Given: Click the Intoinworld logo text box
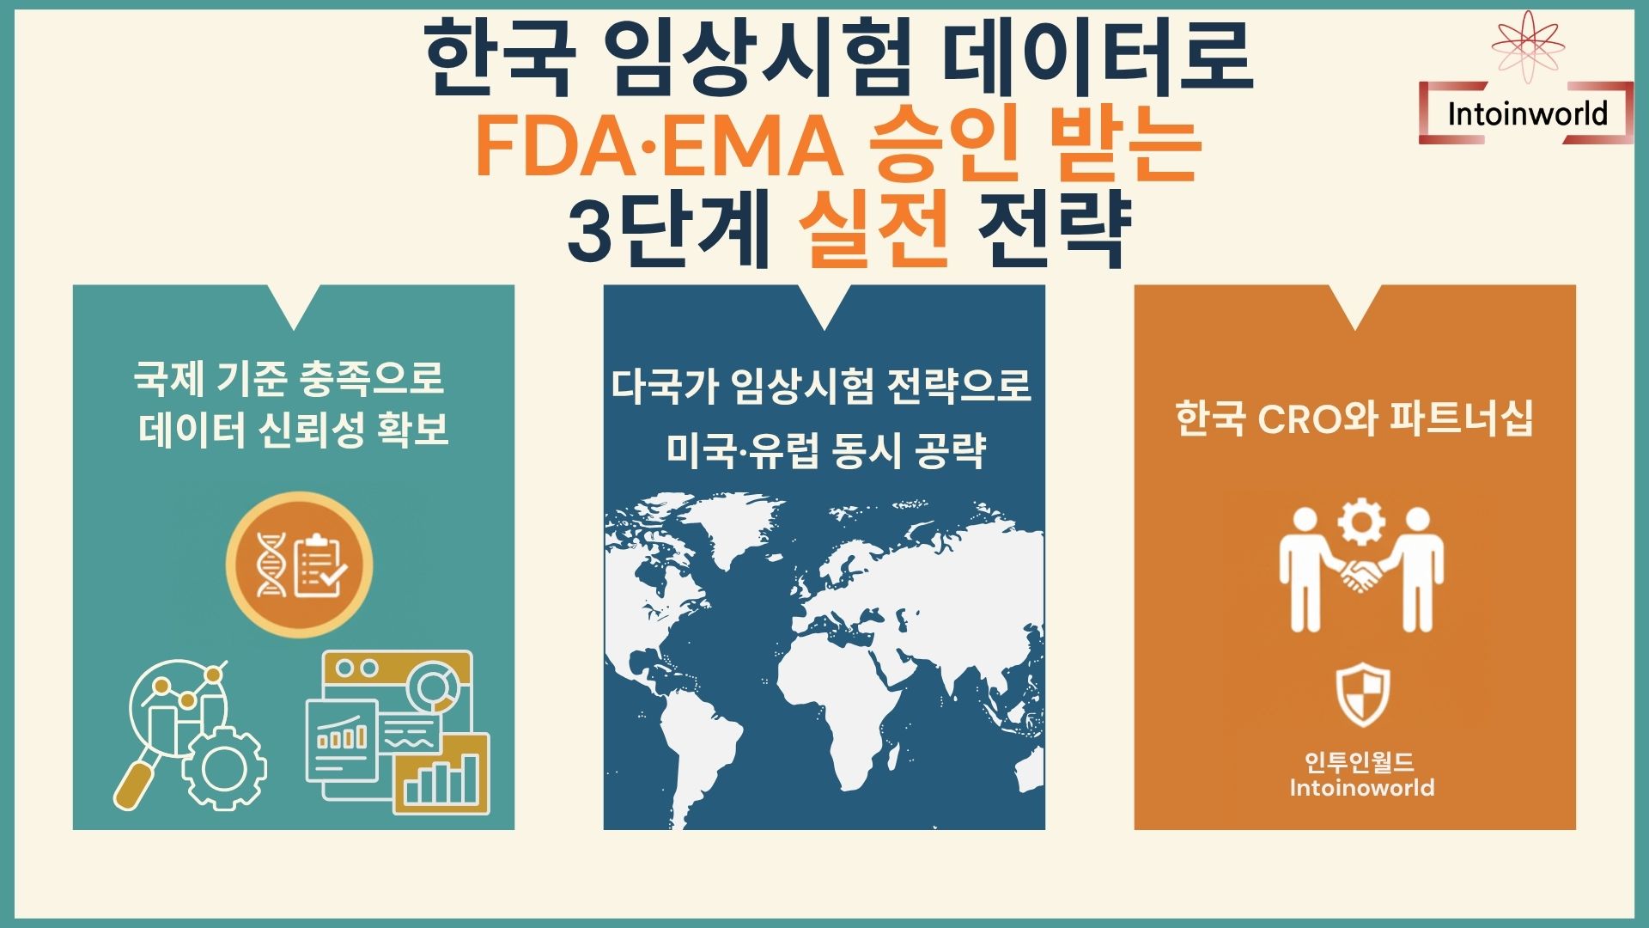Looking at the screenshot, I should pyautogui.click(x=1526, y=113).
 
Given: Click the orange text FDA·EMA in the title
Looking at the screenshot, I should pyautogui.click(x=658, y=146).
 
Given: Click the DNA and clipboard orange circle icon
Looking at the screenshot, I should pyautogui.click(x=299, y=565).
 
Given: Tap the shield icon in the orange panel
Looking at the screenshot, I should pyautogui.click(x=1362, y=694).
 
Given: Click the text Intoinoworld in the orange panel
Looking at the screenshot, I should pyautogui.click(x=1361, y=788).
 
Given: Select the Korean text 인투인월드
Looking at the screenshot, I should pyautogui.click(x=1360, y=761).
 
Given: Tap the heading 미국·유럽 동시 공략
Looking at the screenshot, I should pyautogui.click(x=824, y=449).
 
